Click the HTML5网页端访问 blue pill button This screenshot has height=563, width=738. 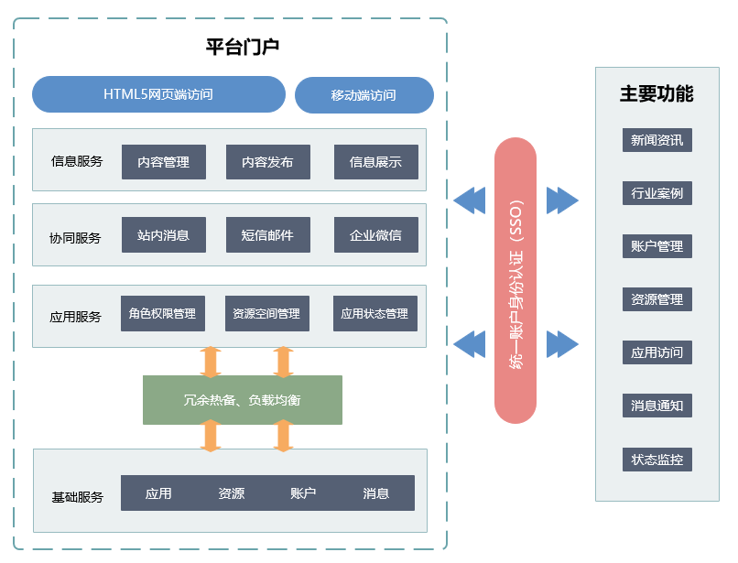158,94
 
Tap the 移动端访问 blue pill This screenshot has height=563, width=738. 364,95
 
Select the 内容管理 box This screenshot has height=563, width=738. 164,162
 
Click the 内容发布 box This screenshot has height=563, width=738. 267,162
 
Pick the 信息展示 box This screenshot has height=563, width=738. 376,162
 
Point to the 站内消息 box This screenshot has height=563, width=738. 164,235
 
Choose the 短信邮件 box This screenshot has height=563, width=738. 267,235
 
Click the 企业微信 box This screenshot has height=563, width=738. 376,235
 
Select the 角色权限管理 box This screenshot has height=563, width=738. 163,313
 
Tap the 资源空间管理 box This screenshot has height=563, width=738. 266,313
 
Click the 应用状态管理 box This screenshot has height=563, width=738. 375,313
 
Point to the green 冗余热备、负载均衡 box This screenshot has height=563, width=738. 243,400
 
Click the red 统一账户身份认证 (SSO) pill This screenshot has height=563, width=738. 516,280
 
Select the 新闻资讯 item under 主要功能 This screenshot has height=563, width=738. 657,140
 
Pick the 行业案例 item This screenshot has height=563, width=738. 657,193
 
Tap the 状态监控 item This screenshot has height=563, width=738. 657,460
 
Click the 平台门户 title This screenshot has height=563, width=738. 243,47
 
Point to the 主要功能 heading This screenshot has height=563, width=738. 657,93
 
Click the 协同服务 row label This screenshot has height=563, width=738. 75,238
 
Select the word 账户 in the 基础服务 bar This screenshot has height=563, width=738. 303,493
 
